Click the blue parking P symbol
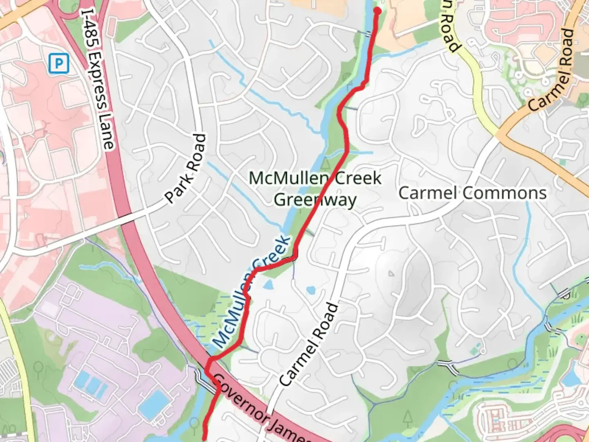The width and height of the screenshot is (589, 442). point(59,64)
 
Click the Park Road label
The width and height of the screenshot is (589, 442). point(186,168)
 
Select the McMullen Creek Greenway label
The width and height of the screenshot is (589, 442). point(315,189)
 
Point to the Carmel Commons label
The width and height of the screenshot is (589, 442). point(472,193)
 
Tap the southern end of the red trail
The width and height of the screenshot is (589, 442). point(204,437)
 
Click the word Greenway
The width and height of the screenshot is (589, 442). point(315,200)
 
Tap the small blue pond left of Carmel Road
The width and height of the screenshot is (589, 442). point(311,290)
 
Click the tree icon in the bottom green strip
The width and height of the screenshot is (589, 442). point(408,419)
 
